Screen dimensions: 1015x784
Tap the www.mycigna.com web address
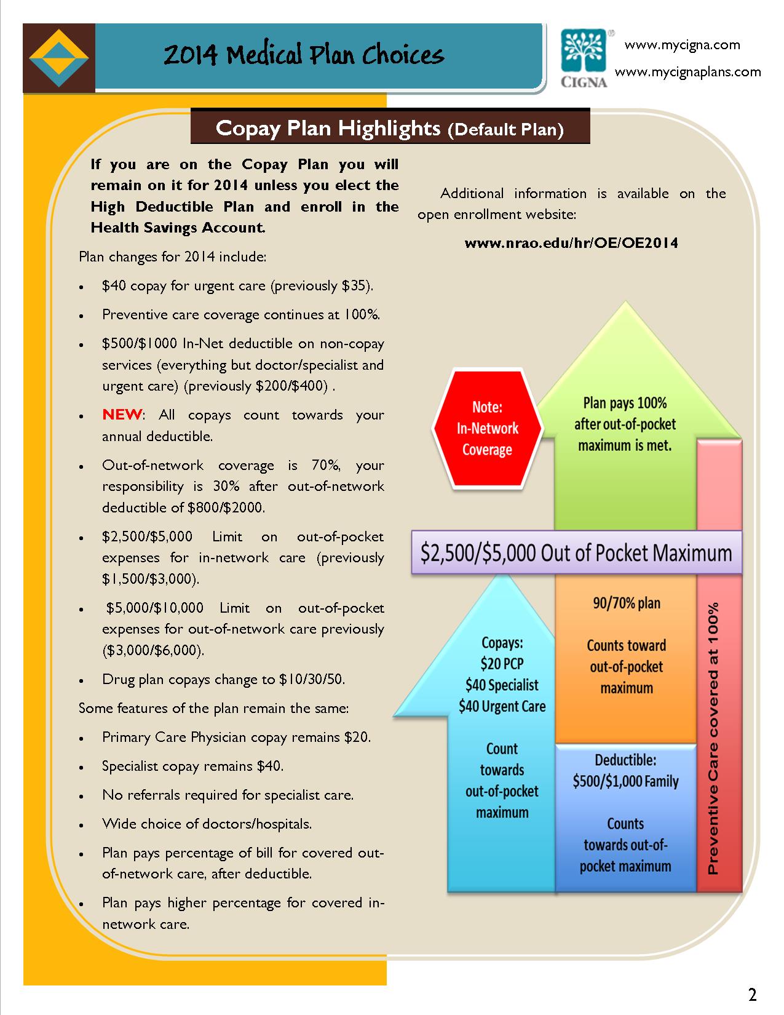pyautogui.click(x=682, y=45)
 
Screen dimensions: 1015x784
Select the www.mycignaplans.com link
pyautogui.click(x=687, y=72)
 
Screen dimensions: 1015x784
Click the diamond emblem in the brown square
pyautogui.click(x=59, y=58)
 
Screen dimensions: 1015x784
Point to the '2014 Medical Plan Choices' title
pyautogui.click(x=303, y=55)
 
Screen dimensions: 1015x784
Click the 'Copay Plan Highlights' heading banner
pyautogui.click(x=390, y=128)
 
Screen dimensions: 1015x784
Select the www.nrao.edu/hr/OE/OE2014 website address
pyautogui.click(x=571, y=243)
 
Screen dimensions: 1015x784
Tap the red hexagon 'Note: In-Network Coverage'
pyautogui.click(x=487, y=429)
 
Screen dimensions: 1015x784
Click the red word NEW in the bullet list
pyautogui.click(x=122, y=415)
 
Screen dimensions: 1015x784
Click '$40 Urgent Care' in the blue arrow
pyautogui.click(x=502, y=706)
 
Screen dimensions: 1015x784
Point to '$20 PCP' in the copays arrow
pyautogui.click(x=502, y=664)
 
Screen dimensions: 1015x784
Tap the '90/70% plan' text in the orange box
pyautogui.click(x=626, y=603)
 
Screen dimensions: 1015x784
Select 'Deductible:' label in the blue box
pyautogui.click(x=625, y=760)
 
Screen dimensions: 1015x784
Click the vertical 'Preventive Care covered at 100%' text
pyautogui.click(x=713, y=738)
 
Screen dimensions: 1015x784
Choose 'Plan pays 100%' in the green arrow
pyautogui.click(x=625, y=404)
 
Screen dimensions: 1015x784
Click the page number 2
pyautogui.click(x=752, y=994)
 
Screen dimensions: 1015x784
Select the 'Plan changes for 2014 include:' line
pyautogui.click(x=172, y=257)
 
